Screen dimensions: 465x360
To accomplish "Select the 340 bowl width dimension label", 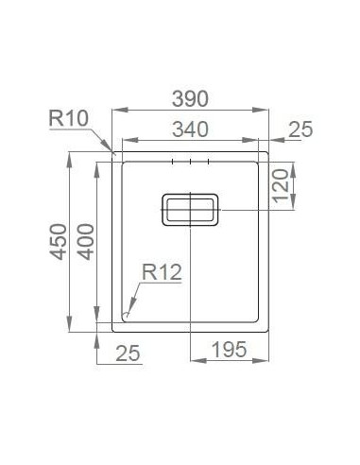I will click(x=190, y=130).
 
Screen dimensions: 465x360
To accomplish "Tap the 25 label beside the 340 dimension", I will click(x=299, y=130).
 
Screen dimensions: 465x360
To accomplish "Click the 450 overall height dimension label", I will click(x=58, y=242).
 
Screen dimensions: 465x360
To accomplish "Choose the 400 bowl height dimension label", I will click(x=85, y=242).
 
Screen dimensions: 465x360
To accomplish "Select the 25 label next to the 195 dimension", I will click(x=129, y=353).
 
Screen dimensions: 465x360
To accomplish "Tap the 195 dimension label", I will click(x=228, y=351).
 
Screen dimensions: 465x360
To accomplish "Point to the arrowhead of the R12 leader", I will click(x=127, y=312).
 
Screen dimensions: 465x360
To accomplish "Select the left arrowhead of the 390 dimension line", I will click(x=114, y=112).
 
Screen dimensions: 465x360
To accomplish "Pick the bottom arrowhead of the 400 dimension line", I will click(x=98, y=319).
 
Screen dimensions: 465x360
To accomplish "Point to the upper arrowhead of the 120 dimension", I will click(x=295, y=165).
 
